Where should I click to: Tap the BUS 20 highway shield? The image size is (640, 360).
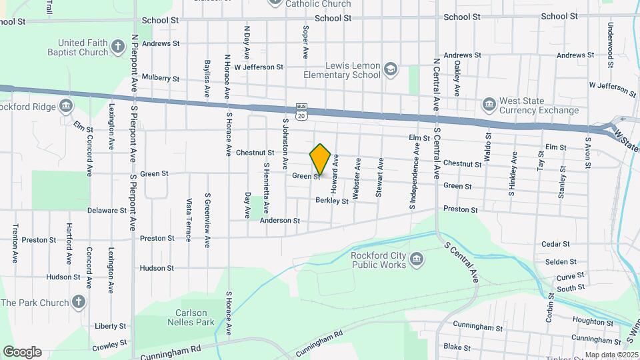[301, 111]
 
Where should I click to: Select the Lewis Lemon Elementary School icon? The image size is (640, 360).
[391, 69]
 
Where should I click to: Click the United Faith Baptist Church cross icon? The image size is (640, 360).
[118, 47]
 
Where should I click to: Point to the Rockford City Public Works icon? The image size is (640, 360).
[417, 259]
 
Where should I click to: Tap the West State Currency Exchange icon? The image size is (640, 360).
[489, 105]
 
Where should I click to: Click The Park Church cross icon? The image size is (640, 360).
[79, 302]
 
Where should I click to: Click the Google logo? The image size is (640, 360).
[22, 351]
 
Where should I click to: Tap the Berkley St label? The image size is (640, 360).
[332, 200]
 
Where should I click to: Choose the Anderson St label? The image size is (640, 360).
[280, 220]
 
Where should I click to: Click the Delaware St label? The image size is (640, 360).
[107, 210]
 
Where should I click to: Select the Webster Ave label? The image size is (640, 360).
[357, 177]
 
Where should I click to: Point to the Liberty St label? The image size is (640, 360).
[110, 326]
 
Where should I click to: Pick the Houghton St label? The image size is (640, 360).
[587, 321]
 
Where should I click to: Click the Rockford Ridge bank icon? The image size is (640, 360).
[66, 105]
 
